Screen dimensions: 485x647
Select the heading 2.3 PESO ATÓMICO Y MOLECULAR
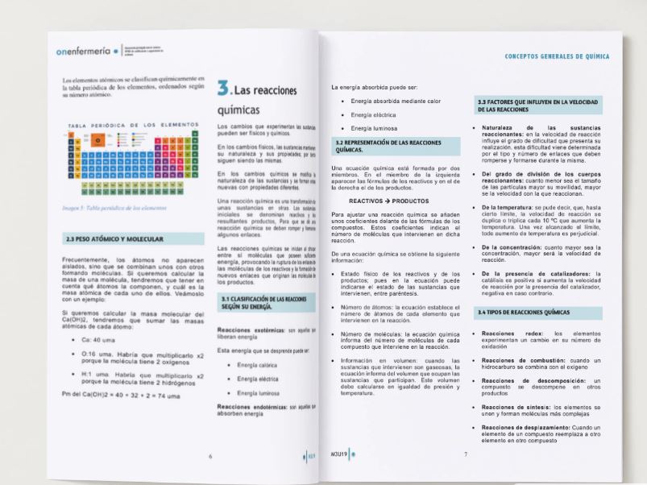coord(114,239)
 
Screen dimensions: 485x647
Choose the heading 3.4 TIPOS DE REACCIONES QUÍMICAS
coord(525,312)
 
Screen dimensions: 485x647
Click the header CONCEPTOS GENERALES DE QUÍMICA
coord(556,57)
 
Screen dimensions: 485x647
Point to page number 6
coord(211,456)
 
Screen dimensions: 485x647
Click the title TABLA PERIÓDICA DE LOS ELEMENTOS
coord(132,125)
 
